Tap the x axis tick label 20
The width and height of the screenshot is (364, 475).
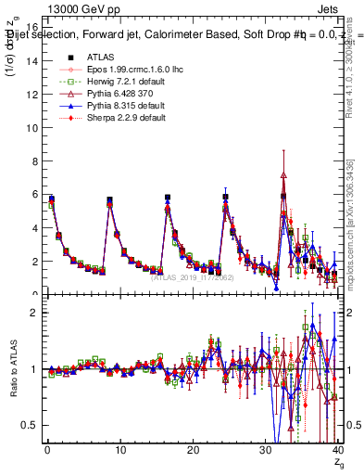(192, 450)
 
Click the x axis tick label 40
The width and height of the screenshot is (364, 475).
(337, 450)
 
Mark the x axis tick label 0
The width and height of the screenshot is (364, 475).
(46, 450)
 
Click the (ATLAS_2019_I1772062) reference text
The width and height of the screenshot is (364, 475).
(192, 276)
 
